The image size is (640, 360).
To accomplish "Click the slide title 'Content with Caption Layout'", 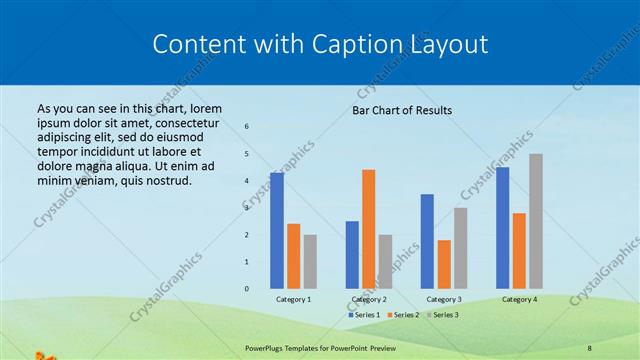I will (x=320, y=44).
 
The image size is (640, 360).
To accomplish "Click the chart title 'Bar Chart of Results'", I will (x=402, y=110).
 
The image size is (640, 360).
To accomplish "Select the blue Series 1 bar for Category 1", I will (x=277, y=230).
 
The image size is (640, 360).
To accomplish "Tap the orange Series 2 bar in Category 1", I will (x=293, y=256).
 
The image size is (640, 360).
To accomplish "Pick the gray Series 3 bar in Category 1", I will (x=310, y=261).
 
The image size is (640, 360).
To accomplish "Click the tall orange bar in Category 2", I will (x=368, y=229).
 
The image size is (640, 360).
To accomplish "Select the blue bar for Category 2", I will (x=352, y=254).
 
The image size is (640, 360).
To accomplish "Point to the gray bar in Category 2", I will (x=385, y=261).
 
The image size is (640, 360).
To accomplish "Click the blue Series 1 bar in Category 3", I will (x=427, y=241).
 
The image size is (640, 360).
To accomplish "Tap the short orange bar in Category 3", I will (x=444, y=264).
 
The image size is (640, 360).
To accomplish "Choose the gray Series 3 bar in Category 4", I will (x=536, y=221).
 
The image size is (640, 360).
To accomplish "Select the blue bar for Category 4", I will (x=502, y=227).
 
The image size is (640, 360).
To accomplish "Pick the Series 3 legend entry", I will (x=442, y=315).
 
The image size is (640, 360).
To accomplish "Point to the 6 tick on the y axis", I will (x=247, y=127).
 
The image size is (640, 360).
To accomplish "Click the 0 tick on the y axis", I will (x=247, y=289).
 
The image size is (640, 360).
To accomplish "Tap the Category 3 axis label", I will (x=444, y=299).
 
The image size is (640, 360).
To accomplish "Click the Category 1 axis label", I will (x=293, y=299).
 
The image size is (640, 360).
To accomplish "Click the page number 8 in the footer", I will (x=589, y=347).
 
